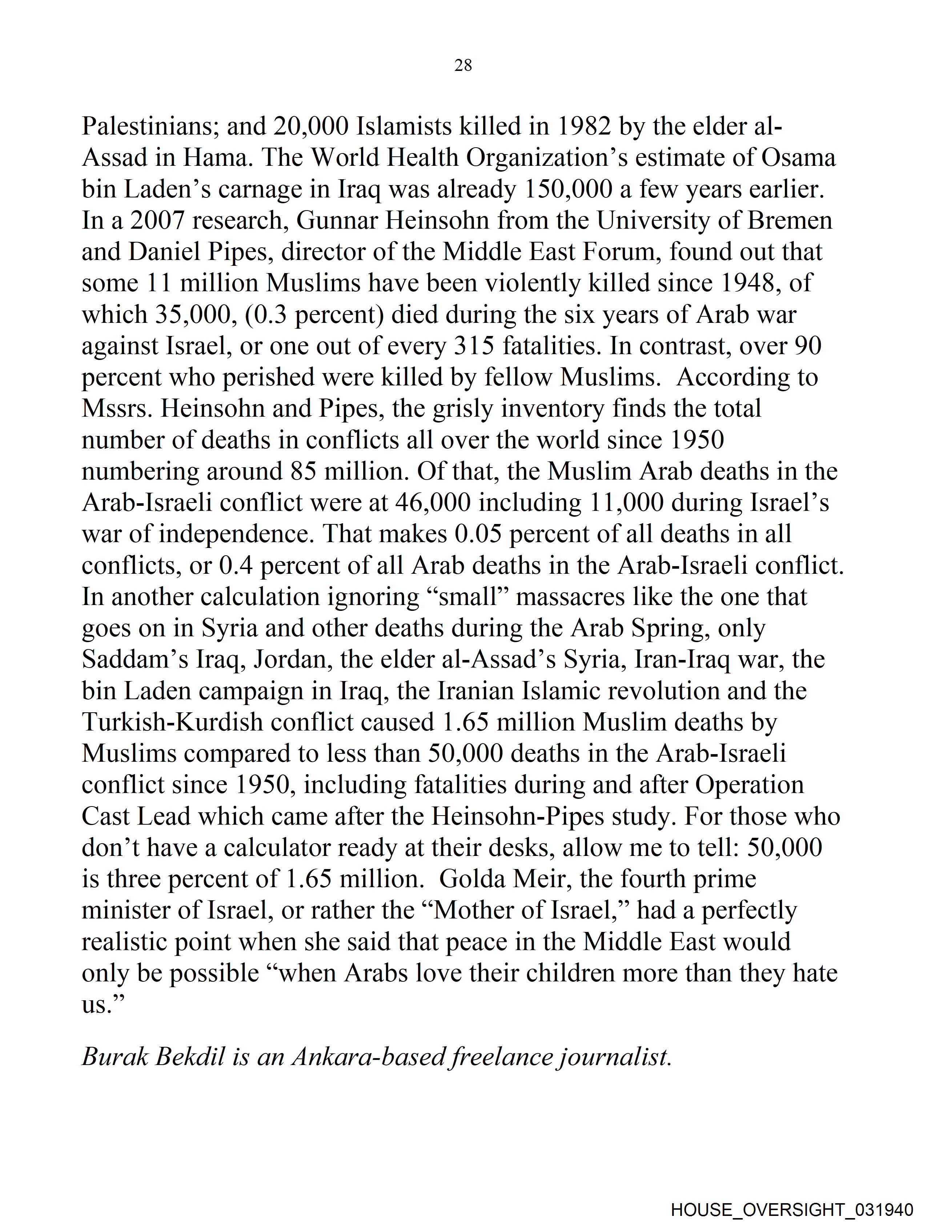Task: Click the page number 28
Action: pyautogui.click(x=463, y=65)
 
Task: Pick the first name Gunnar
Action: pyautogui.click(x=337, y=220)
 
